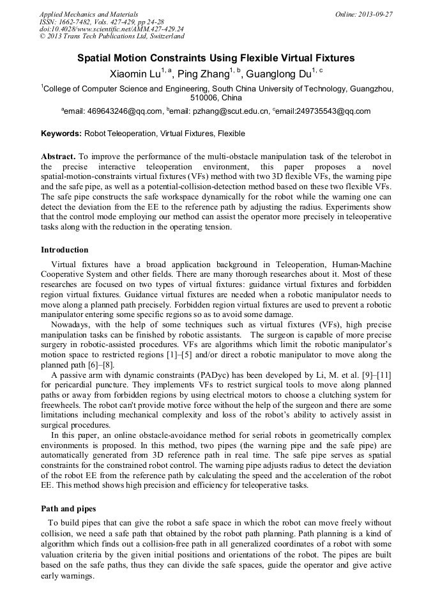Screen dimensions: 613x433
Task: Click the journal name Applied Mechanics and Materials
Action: coord(81,14)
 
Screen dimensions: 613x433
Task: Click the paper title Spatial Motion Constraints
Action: coord(216,58)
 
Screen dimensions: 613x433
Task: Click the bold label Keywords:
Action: coord(61,134)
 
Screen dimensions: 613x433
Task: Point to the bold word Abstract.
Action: coord(59,157)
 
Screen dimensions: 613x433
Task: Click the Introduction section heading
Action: coord(65,250)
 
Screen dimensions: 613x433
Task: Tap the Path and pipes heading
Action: coord(68,509)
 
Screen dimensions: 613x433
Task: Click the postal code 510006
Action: coord(204,98)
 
